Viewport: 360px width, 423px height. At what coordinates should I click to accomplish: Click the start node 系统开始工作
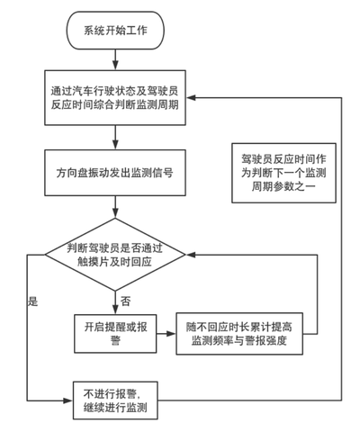tap(115, 31)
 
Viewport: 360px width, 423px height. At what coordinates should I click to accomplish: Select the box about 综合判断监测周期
tap(115, 98)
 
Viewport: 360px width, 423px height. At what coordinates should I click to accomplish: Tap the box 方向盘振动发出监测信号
tap(115, 173)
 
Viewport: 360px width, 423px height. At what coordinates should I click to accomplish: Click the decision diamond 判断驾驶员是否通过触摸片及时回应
tap(115, 255)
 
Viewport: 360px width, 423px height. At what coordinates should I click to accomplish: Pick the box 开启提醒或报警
tap(115, 334)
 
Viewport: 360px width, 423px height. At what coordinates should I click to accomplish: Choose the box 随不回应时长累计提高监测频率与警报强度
tap(239, 334)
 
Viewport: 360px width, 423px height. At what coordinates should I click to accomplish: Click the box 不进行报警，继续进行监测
tap(115, 400)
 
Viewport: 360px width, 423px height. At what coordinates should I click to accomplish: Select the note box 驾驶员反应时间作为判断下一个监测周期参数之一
tap(283, 173)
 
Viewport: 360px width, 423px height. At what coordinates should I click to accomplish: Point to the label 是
tap(33, 301)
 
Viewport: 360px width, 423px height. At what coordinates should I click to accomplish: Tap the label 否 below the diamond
tap(126, 301)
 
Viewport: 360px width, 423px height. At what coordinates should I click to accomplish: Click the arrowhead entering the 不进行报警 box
tap(68, 400)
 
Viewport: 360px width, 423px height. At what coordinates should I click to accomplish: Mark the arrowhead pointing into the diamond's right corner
tap(191, 255)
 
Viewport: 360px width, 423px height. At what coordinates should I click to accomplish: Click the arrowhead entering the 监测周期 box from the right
tap(191, 98)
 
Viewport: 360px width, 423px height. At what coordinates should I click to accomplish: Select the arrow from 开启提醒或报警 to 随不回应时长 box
tap(166, 334)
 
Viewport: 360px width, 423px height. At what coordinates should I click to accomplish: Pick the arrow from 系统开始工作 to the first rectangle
tap(115, 59)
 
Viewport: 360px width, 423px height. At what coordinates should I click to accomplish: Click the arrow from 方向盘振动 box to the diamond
tap(115, 207)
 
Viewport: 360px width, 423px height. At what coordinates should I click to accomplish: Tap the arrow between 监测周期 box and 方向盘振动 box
tap(115, 138)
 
